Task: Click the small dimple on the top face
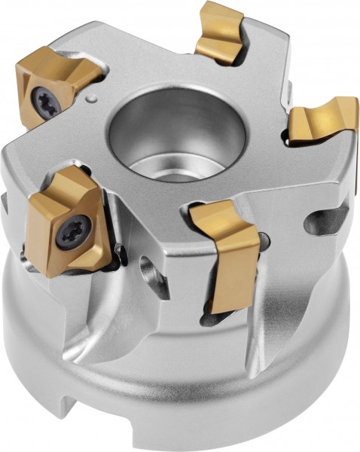click(92, 99)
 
